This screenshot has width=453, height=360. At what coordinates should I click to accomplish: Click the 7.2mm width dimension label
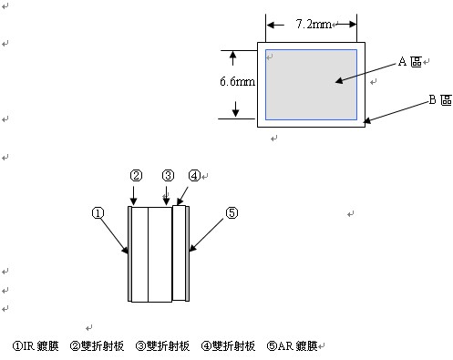[314, 24]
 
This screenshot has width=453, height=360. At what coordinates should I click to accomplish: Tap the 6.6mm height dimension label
[238, 81]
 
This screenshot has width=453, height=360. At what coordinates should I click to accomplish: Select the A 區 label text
[410, 62]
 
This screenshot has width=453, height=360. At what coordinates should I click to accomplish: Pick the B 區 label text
[440, 99]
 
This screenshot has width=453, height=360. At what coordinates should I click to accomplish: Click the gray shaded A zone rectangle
[311, 85]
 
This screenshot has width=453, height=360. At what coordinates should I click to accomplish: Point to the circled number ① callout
[98, 213]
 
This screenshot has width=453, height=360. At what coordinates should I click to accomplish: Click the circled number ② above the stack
[136, 176]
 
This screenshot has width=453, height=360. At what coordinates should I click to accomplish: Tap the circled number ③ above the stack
[168, 176]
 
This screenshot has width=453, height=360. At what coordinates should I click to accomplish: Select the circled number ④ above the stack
[194, 176]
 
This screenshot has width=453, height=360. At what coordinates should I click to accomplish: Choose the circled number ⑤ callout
[232, 213]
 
